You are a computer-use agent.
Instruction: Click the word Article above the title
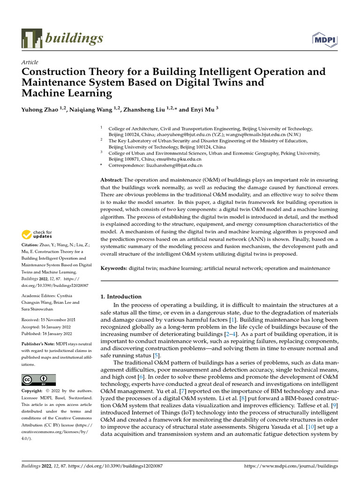(30, 62)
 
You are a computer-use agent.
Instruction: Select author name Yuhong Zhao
(42, 110)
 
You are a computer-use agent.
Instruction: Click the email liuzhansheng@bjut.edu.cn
(173, 165)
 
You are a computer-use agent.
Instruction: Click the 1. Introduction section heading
(121, 297)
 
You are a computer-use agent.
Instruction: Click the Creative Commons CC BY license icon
(38, 380)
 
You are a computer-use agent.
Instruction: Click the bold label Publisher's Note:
(41, 343)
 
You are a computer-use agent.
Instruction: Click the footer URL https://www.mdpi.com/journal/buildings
(291, 466)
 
